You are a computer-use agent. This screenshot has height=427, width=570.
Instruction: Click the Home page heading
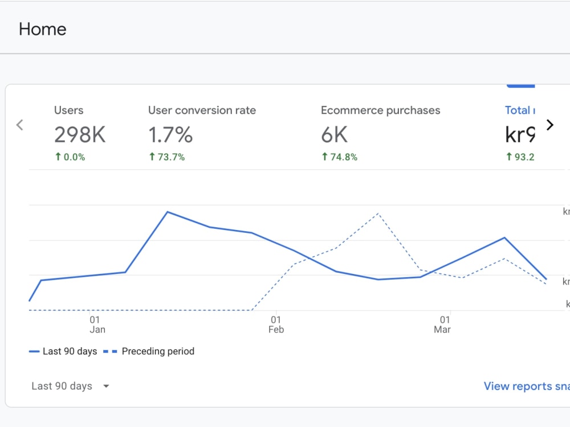pyautogui.click(x=42, y=29)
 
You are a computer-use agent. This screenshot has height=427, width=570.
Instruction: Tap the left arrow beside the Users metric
pyautogui.click(x=19, y=125)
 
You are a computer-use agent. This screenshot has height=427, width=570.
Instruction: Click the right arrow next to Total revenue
pyautogui.click(x=549, y=125)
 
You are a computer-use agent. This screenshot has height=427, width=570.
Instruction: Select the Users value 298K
pyautogui.click(x=80, y=134)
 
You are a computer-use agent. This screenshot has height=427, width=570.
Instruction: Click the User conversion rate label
pyautogui.click(x=202, y=110)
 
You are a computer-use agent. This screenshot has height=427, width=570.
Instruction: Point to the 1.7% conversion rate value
pyautogui.click(x=170, y=134)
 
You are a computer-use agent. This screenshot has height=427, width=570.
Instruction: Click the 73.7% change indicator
pyautogui.click(x=166, y=157)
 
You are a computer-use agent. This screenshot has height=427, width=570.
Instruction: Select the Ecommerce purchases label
pyautogui.click(x=380, y=110)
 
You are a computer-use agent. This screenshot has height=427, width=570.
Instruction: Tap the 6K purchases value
pyautogui.click(x=334, y=134)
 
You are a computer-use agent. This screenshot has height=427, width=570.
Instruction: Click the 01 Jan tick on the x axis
pyautogui.click(x=97, y=325)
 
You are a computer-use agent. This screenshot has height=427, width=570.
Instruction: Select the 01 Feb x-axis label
pyautogui.click(x=276, y=325)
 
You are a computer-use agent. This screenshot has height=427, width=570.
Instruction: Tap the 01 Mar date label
pyautogui.click(x=443, y=325)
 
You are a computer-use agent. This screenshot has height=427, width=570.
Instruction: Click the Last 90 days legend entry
pyautogui.click(x=63, y=351)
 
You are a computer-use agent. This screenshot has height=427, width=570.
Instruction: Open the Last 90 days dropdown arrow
pyautogui.click(x=106, y=386)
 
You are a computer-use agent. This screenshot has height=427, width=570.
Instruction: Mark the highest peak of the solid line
pyautogui.click(x=167, y=212)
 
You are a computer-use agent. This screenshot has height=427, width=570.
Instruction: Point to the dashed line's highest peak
pyautogui.click(x=377, y=214)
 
